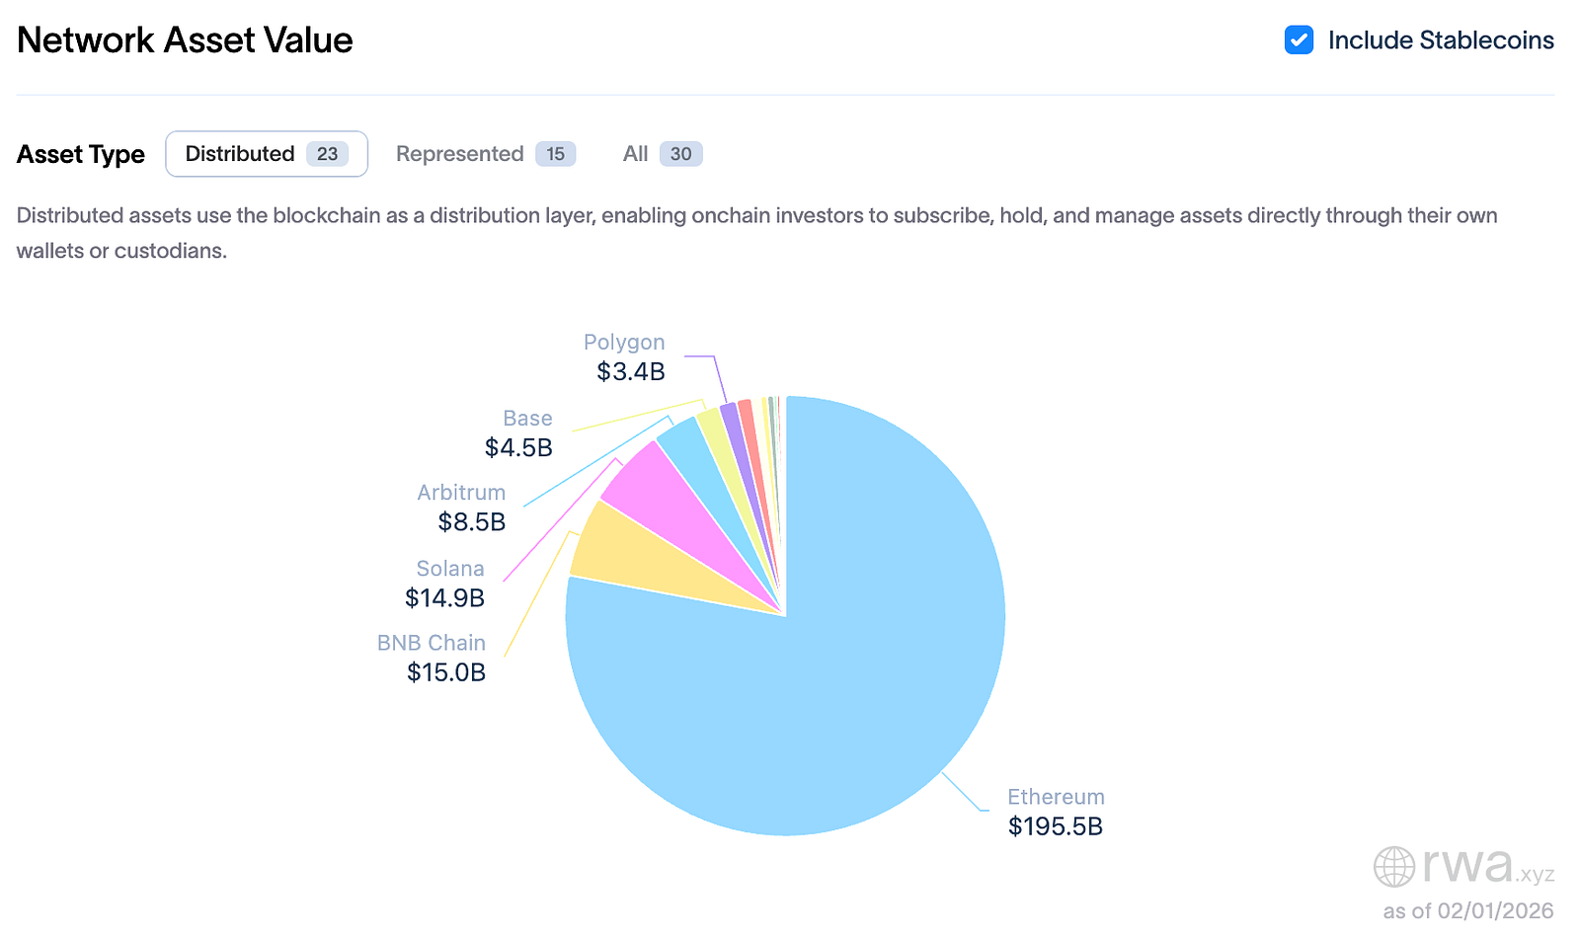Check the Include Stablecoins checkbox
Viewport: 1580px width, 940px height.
1299,40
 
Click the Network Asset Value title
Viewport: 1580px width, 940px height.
185,40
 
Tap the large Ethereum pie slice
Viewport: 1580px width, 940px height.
839,671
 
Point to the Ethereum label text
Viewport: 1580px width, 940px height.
1056,797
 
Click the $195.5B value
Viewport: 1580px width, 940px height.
1055,826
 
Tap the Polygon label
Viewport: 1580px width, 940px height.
624,343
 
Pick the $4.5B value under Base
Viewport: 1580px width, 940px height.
518,448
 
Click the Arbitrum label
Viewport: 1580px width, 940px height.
461,493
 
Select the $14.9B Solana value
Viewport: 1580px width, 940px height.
444,598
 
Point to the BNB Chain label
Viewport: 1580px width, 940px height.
432,643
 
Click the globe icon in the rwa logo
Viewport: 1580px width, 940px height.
1394,867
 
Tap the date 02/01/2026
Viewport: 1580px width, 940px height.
1495,910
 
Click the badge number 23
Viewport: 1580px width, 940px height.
327,154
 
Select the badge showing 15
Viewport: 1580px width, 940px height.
556,154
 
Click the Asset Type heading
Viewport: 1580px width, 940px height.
81,155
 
